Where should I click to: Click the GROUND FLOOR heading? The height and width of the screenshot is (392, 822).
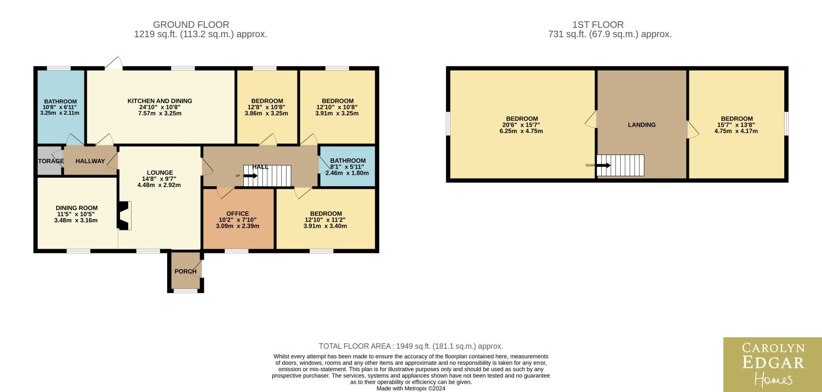click(191, 25)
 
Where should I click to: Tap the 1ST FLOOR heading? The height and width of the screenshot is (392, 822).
click(598, 25)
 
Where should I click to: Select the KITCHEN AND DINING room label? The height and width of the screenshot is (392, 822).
click(159, 101)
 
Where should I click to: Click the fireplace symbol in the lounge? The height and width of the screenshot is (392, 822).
click(124, 216)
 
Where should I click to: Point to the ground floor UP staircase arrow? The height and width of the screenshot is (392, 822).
click(250, 176)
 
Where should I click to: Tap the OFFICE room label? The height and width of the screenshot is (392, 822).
click(237, 214)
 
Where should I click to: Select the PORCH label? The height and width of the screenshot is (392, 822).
click(185, 272)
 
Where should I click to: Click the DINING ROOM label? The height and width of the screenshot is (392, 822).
click(77, 208)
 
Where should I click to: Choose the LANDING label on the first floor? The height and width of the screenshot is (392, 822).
click(642, 125)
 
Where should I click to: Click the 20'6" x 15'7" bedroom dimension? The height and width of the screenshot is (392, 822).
click(521, 125)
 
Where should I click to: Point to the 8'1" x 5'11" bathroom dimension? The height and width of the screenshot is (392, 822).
click(347, 167)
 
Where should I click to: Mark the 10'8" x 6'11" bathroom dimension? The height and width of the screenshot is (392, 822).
click(60, 107)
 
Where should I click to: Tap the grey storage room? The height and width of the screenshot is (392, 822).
click(50, 160)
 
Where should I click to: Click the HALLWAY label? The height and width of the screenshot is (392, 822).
click(90, 161)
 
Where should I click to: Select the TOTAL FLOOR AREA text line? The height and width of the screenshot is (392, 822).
click(410, 346)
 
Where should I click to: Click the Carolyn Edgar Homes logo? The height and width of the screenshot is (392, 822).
click(773, 365)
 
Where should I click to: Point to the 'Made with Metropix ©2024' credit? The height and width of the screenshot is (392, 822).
click(410, 388)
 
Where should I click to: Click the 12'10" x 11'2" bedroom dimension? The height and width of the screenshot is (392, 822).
click(325, 220)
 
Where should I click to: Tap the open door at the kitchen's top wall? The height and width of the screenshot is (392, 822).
click(114, 63)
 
